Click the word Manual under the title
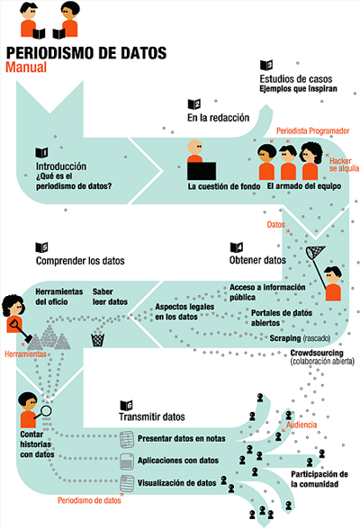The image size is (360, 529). point(26,67)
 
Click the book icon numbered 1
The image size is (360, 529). point(41,153)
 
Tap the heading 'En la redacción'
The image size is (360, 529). point(219,118)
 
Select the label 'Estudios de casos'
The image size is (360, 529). point(296,79)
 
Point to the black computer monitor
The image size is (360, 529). point(202,171)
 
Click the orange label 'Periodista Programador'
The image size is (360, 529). point(313,131)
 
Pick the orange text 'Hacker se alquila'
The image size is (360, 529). point(344,165)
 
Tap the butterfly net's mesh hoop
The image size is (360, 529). point(315,252)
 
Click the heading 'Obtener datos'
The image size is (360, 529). point(257,260)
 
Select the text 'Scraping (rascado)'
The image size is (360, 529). point(300,338)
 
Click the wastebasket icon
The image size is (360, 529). point(97,340)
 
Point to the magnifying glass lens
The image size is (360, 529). point(46,411)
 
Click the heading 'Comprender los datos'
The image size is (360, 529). point(80,261)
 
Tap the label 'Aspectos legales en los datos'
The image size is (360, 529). point(184,311)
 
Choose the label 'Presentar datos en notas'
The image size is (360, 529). point(182,439)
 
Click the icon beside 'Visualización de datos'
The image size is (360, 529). point(127,483)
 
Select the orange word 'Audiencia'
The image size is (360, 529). point(301,425)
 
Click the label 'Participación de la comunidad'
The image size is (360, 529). point(319,479)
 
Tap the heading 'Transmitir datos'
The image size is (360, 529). point(152,417)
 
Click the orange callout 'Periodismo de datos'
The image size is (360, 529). point(89,500)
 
